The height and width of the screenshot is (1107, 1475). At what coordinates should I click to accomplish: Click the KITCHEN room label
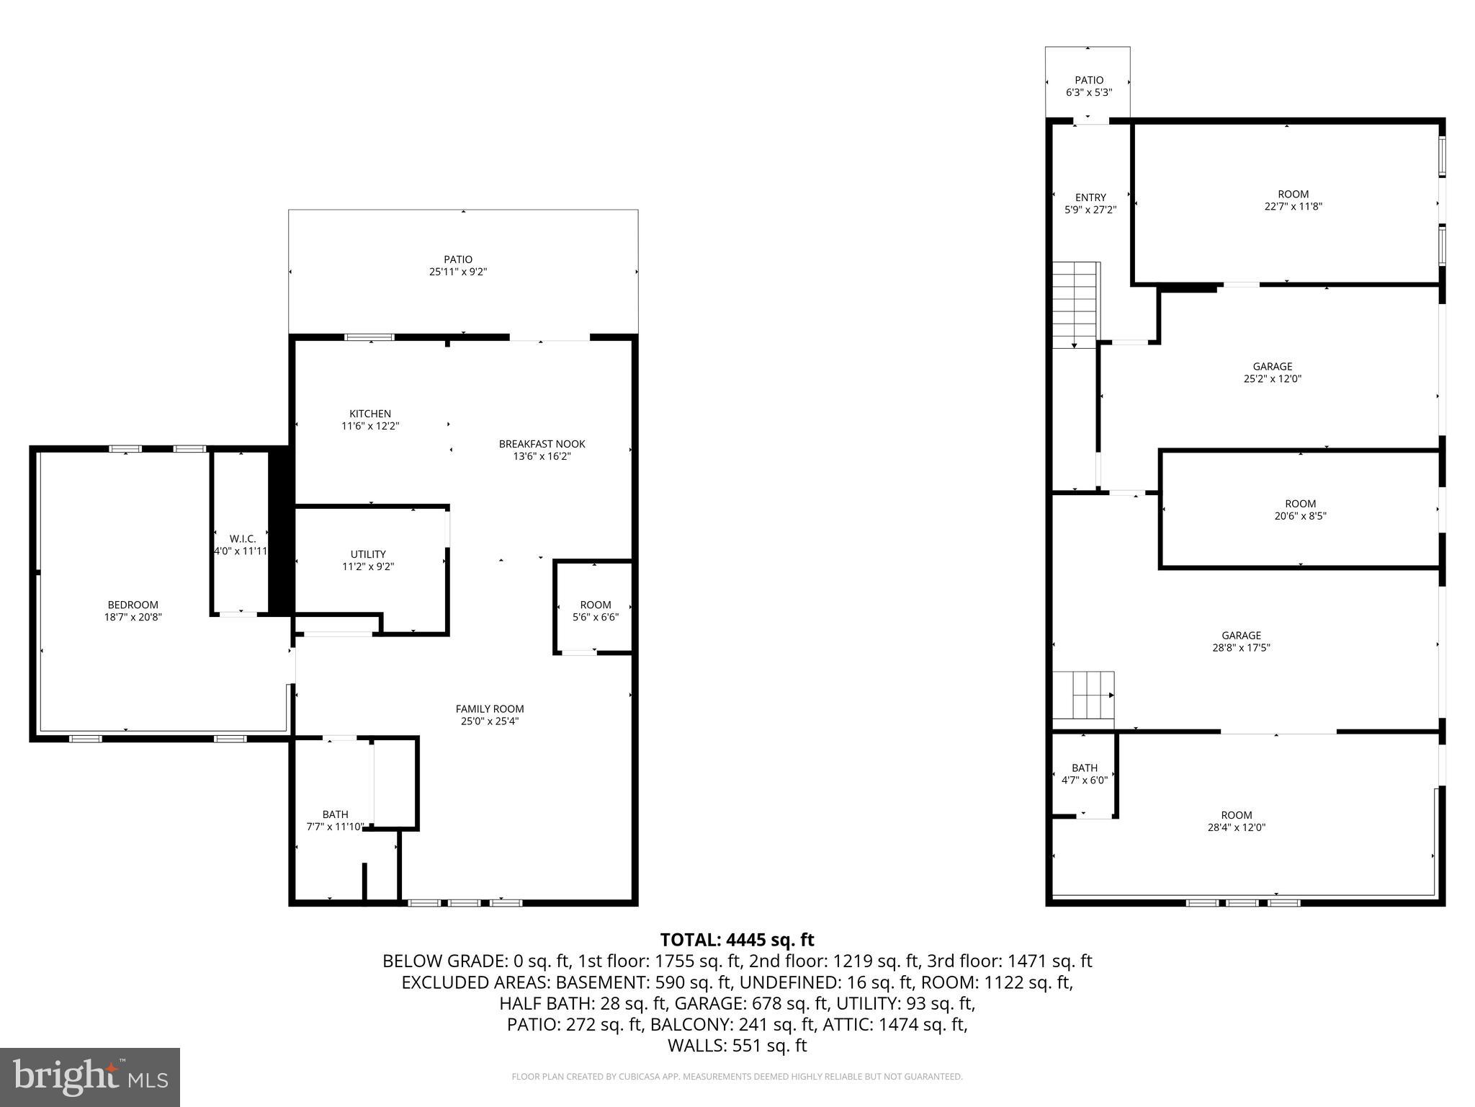[370, 414]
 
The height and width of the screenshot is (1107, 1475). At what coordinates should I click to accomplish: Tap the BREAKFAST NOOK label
[542, 444]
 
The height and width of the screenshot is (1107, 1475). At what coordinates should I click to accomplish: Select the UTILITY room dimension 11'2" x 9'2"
[368, 566]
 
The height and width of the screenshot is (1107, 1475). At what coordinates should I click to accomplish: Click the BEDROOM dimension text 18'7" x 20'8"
[133, 617]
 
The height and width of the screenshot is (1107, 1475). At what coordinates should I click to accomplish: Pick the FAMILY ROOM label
[490, 709]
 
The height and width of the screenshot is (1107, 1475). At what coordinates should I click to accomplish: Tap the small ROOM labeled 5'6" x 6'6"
[595, 610]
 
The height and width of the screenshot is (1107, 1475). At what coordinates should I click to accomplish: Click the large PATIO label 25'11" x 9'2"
[458, 265]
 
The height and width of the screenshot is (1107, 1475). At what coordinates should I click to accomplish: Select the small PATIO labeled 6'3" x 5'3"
[1088, 86]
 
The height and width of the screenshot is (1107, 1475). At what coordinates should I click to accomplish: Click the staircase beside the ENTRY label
[1076, 305]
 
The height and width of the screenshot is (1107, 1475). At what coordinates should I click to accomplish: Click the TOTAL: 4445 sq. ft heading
[737, 940]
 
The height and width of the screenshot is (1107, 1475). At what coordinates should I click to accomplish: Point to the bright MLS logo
[90, 1077]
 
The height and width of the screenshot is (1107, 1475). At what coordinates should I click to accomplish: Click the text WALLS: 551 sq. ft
[737, 1046]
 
